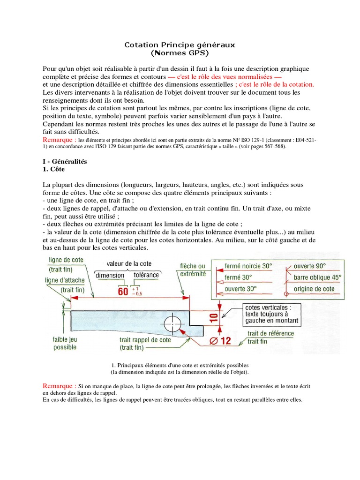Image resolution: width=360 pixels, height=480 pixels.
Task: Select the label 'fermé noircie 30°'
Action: click(x=248, y=266)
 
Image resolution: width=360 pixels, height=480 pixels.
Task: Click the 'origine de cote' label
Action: click(x=314, y=289)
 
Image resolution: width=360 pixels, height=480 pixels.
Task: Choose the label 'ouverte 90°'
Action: click(x=310, y=266)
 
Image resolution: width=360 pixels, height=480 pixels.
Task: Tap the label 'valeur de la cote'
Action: click(x=129, y=264)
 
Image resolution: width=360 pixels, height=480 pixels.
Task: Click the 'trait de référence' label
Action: click(x=271, y=333)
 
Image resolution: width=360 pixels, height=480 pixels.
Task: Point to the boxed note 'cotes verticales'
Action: click(x=271, y=314)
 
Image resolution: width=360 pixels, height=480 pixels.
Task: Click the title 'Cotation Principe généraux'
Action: click(x=180, y=45)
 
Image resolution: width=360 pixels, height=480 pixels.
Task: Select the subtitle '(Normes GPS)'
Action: click(x=180, y=53)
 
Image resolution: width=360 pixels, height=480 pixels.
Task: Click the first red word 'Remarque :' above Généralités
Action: click(x=59, y=140)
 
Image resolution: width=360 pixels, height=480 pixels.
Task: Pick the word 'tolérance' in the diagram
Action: click(x=146, y=275)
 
